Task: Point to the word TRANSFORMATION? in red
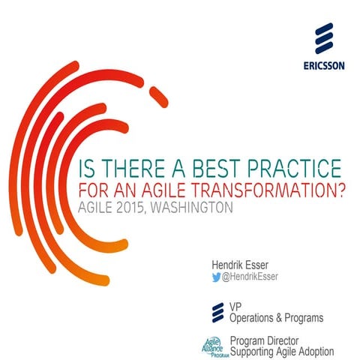pyautogui.click(x=259, y=187)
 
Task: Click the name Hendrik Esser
pyautogui.click(x=242, y=265)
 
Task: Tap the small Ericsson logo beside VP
pyautogui.click(x=218, y=311)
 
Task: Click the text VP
pyautogui.click(x=235, y=306)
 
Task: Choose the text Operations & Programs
pyautogui.click(x=276, y=317)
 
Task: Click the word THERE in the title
pyautogui.click(x=117, y=166)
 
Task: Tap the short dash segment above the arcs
pyautogui.click(x=159, y=96)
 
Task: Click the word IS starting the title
pyautogui.click(x=76, y=166)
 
